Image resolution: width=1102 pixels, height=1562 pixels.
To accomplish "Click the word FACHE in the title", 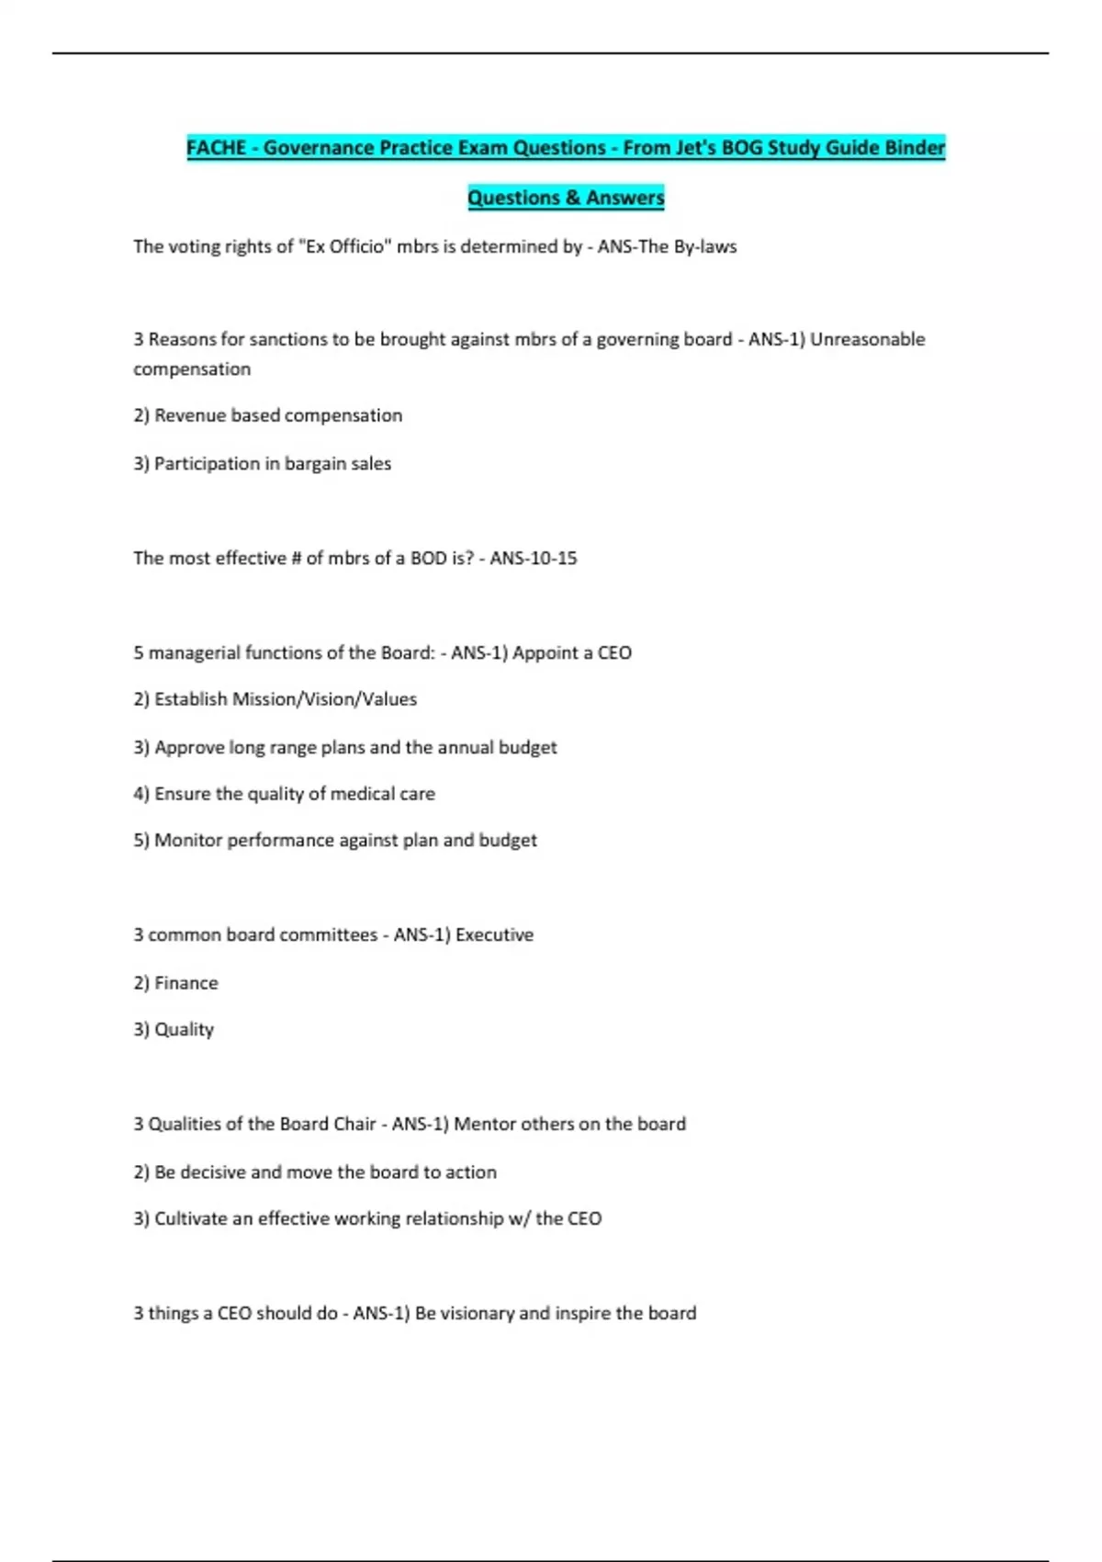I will [217, 148].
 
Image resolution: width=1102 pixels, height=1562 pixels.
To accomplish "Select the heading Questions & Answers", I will [566, 198].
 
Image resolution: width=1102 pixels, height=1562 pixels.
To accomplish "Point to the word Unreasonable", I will [867, 339].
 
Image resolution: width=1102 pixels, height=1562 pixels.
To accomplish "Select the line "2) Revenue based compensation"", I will [267, 415].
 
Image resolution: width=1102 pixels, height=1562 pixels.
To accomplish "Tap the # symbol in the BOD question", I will [296, 558].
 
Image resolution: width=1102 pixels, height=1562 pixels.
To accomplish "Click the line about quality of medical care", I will [284, 794].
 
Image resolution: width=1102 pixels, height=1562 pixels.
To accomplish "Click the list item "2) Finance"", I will [175, 983].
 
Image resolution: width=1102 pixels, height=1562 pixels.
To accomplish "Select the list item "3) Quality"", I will [174, 1030].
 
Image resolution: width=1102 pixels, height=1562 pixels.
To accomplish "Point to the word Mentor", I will [484, 1124].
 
